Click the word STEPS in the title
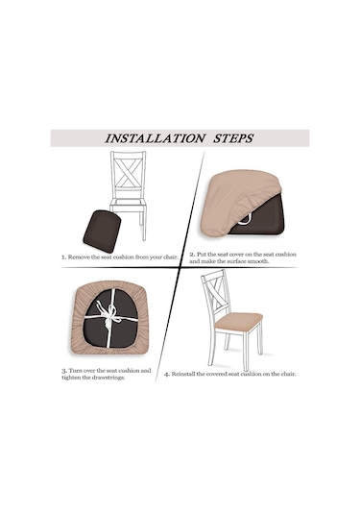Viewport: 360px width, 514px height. [233, 138]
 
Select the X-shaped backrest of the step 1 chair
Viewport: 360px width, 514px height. [128, 174]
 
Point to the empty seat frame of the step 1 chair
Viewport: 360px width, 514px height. [128, 205]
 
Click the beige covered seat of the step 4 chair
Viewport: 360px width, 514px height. [238, 321]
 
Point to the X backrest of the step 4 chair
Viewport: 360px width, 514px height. [217, 293]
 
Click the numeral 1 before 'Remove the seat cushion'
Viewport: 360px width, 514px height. [63, 257]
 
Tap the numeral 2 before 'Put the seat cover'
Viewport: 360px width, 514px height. [192, 255]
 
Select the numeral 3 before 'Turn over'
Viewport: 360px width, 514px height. [64, 371]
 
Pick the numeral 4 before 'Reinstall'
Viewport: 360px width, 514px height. [167, 374]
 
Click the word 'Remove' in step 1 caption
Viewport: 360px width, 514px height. [79, 257]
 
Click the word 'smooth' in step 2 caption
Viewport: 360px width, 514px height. [256, 261]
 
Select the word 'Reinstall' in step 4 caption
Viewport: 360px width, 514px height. [183, 374]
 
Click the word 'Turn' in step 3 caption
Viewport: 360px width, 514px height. [75, 371]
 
